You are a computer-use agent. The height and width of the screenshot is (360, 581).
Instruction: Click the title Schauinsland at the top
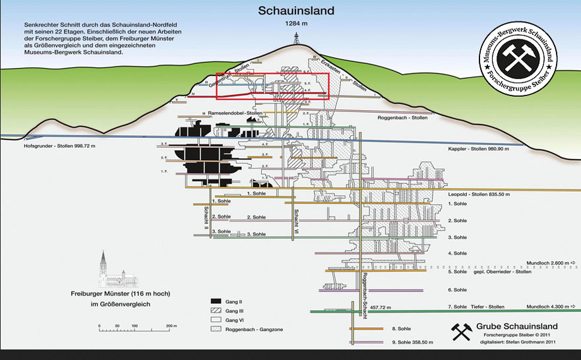pyautogui.click(x=296, y=11)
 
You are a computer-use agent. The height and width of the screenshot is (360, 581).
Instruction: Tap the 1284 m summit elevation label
pyautogui.click(x=296, y=24)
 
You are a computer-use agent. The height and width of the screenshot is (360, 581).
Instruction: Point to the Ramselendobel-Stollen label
pyautogui.click(x=235, y=113)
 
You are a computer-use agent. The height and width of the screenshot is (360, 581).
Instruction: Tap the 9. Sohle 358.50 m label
pyautogui.click(x=414, y=342)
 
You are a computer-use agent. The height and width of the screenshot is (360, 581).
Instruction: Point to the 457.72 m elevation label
pyautogui.click(x=381, y=307)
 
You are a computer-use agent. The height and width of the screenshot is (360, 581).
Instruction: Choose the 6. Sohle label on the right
pyautogui.click(x=457, y=289)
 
